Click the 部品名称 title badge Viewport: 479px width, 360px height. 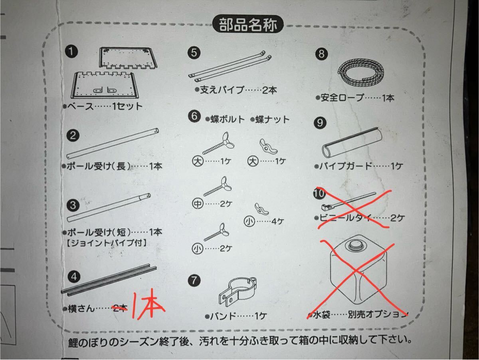click(248, 24)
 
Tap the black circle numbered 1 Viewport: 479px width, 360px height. click(71, 51)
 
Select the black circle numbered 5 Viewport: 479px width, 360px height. click(194, 53)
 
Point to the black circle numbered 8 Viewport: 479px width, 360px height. click(321, 54)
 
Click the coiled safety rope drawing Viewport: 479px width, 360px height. click(360, 72)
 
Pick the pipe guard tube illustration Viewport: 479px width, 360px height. click(352, 142)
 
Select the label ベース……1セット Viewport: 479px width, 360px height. click(103, 106)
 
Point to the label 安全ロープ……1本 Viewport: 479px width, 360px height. click(355, 97)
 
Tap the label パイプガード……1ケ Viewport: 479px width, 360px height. click(358, 167)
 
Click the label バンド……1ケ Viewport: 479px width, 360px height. click(236, 316)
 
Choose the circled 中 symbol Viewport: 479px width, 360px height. click(198, 204)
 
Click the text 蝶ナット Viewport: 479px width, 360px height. click(270, 119)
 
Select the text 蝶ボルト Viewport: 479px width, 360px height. click(225, 119)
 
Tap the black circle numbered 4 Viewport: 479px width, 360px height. click(74, 277)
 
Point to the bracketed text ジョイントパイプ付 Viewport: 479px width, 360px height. click(106, 243)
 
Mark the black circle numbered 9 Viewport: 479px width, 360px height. click(320, 123)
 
